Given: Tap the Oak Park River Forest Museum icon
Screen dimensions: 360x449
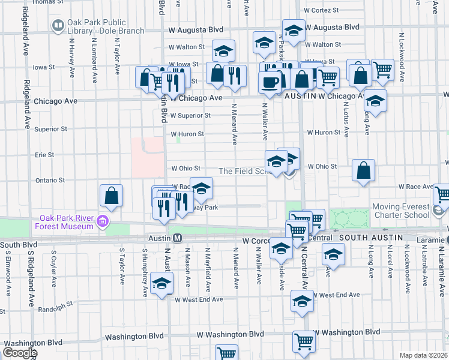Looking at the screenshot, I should [x=102, y=223].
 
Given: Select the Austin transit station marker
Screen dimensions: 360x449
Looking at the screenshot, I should [x=178, y=238].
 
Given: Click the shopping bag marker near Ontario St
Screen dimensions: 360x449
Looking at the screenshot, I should [x=112, y=195].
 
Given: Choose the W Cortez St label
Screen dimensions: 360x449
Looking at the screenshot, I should [x=322, y=10].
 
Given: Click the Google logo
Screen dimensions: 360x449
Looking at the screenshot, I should [x=20, y=353].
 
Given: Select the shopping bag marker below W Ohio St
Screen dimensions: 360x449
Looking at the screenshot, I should [x=364, y=170].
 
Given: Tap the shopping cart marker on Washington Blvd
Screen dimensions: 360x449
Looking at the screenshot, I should [x=304, y=341].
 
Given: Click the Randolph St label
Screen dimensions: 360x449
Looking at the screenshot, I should [x=55, y=310].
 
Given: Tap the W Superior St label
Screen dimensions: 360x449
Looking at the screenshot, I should [x=190, y=116].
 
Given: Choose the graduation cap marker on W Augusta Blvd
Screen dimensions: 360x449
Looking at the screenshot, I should [x=294, y=31].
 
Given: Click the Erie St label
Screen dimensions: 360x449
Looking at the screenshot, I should [x=44, y=155].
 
